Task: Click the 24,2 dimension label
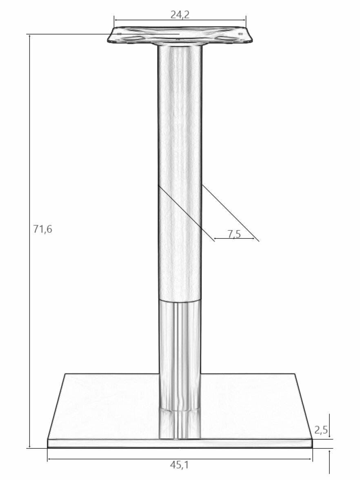tap(180, 15)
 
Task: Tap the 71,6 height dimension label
tap(43, 229)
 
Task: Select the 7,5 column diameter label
tap(234, 234)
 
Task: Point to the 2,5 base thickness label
tap(321, 430)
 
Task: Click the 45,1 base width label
tap(180, 465)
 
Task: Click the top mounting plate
tap(180, 36)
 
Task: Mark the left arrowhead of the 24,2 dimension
tap(116, 20)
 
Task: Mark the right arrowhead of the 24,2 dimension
tap(244, 20)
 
